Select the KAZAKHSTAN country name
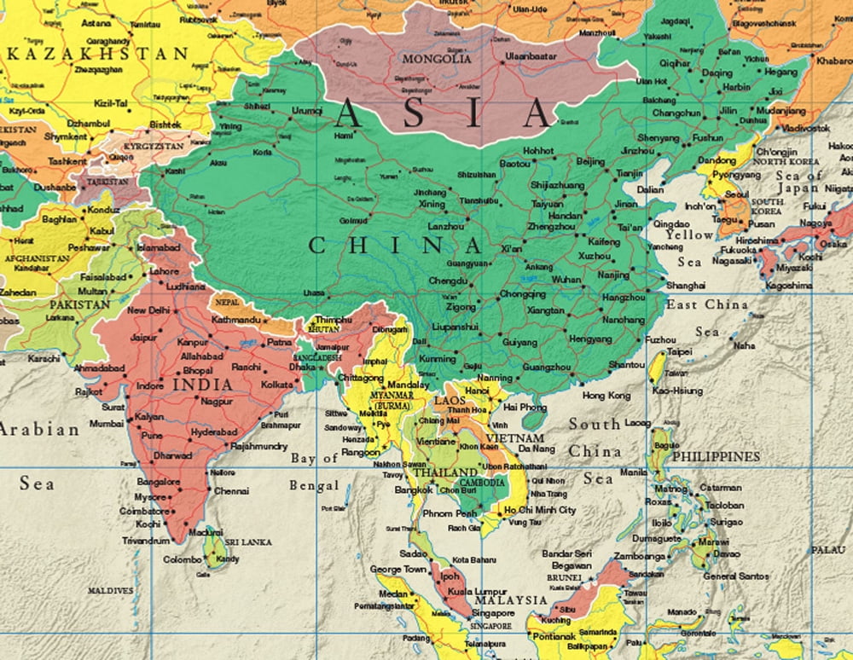[97, 53]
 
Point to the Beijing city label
[590, 161]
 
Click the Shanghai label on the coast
[687, 285]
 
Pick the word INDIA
[202, 385]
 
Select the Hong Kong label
[606, 396]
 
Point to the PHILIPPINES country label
[716, 457]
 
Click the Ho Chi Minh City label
[540, 510]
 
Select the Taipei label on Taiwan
[679, 350]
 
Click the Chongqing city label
[523, 294]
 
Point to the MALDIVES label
[111, 590]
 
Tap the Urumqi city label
[307, 111]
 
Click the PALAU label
[827, 550]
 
